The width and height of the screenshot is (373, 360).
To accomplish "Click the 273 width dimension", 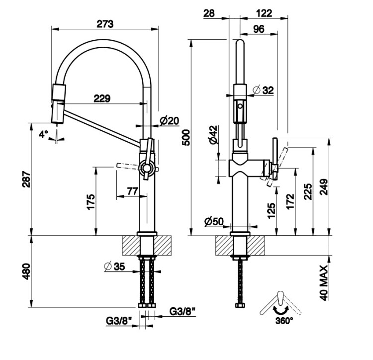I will (x=105, y=24).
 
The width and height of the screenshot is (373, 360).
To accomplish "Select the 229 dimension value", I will (x=101, y=98).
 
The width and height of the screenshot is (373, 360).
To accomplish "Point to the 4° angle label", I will (x=44, y=133).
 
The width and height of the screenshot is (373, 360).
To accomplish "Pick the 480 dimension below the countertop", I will (x=26, y=271).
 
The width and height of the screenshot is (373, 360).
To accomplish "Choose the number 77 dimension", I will (x=132, y=191).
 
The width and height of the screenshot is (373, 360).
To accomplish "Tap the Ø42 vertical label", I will (x=213, y=135).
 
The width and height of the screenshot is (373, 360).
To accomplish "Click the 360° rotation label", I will (x=284, y=320).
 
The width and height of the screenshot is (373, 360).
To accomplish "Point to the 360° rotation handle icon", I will (x=281, y=303).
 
